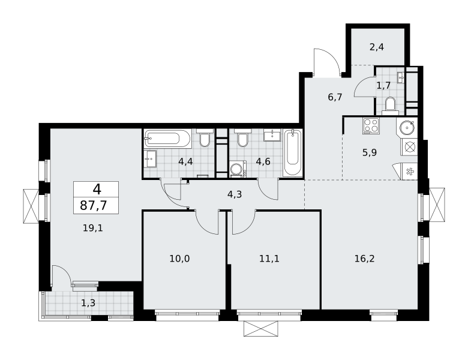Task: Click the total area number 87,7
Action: point(94,206)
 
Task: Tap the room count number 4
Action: point(97,189)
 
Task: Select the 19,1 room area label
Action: point(93,229)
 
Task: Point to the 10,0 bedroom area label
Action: point(179,259)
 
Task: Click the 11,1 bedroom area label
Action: point(269,259)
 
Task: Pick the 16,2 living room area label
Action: point(364,259)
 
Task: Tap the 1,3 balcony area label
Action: point(88,303)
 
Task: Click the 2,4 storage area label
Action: point(377,47)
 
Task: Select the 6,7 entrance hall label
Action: point(335,97)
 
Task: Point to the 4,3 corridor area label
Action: point(235,194)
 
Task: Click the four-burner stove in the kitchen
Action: point(371,125)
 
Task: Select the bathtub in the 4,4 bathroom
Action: point(168,138)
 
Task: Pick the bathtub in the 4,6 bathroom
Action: point(293,153)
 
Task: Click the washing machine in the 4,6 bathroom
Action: point(238,170)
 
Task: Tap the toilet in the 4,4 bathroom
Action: point(205,137)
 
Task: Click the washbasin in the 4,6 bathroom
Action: point(272,135)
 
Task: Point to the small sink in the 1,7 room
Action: point(401,77)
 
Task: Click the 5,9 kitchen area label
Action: point(370,153)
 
